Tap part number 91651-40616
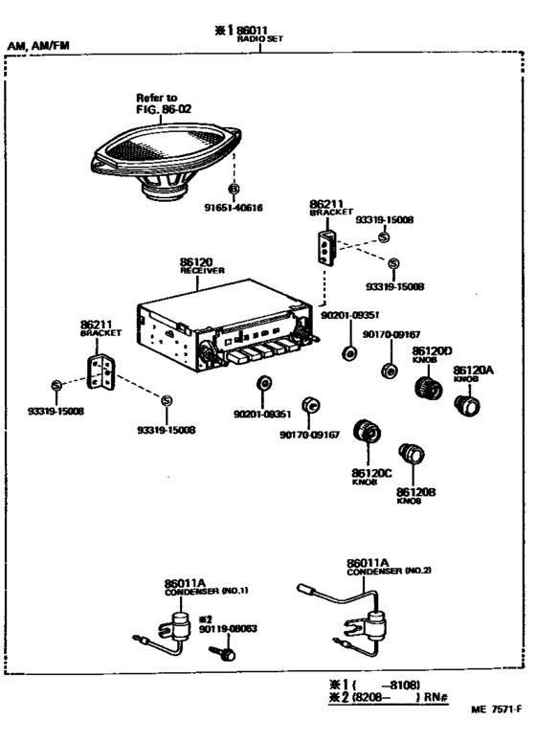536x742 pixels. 234,208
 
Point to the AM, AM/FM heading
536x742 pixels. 37,45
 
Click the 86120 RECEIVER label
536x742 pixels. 201,265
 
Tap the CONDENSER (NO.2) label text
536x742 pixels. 375,571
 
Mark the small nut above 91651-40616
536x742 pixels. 234,188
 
